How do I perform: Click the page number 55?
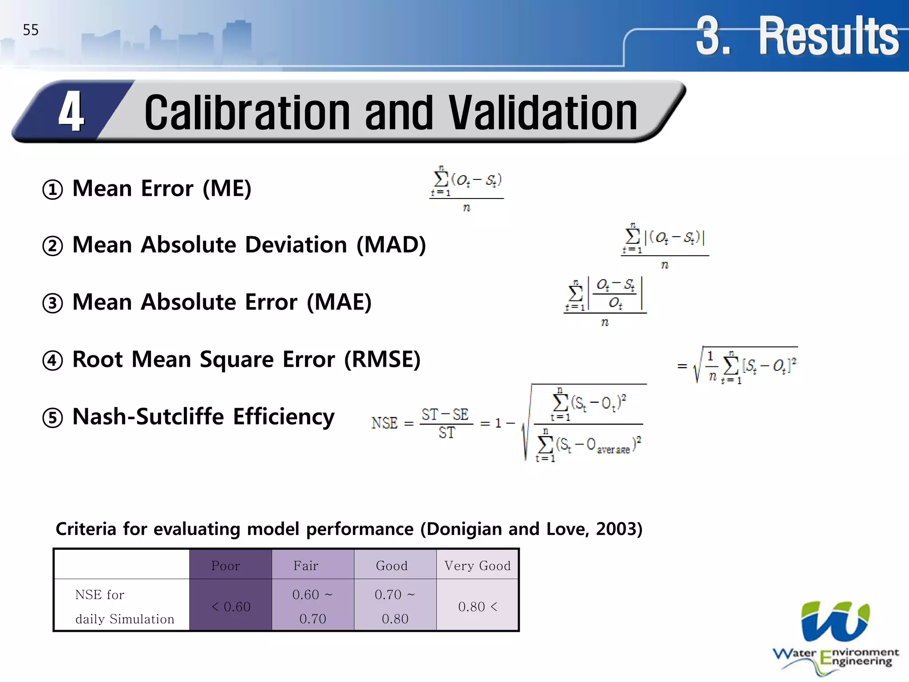point(31,30)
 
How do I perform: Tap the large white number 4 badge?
point(71,112)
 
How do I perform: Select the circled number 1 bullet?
point(52,190)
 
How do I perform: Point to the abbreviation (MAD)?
point(391,245)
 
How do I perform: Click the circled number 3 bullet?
point(52,304)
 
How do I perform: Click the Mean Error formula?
point(466,189)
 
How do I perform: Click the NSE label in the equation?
point(384,423)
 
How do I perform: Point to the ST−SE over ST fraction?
point(446,423)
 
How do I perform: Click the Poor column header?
point(225,566)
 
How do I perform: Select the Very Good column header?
point(478,566)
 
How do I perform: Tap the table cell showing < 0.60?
point(231,607)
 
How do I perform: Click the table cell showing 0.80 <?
point(478,607)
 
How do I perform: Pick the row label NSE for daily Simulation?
point(124,607)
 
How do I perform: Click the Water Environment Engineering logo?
point(835,637)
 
